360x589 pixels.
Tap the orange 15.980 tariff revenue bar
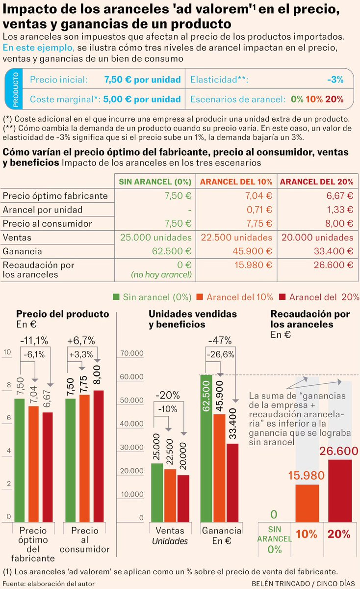click(x=307, y=503)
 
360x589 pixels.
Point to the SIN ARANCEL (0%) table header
click(x=155, y=182)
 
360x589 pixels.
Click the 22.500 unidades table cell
click(x=236, y=238)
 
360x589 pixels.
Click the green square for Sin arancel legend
click(x=117, y=297)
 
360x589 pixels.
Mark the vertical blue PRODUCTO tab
click(x=15, y=89)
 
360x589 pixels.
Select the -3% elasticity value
click(x=335, y=80)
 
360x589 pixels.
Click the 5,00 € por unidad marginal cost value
click(x=142, y=99)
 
